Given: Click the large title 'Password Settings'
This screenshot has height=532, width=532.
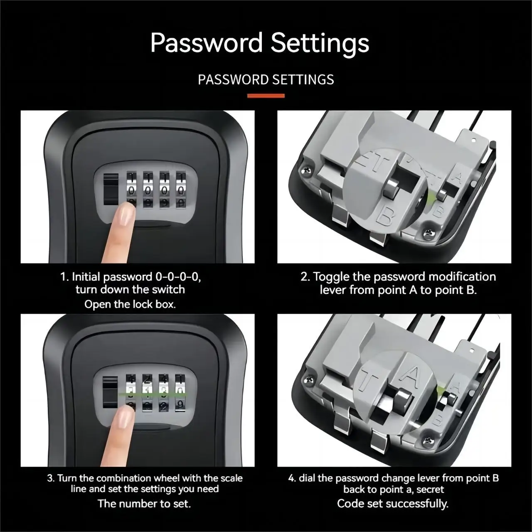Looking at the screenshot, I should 260,43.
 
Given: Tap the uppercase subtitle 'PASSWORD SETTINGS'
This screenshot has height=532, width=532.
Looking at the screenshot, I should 266,79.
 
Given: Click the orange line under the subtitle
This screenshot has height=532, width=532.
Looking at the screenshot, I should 266,96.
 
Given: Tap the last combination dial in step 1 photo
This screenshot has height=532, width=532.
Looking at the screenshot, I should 180,189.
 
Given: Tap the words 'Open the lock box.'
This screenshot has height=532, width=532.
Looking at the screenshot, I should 130,304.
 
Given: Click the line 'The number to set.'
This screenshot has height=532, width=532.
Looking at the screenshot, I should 144,504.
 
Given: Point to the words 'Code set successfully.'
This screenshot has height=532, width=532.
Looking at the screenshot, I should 393,504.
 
